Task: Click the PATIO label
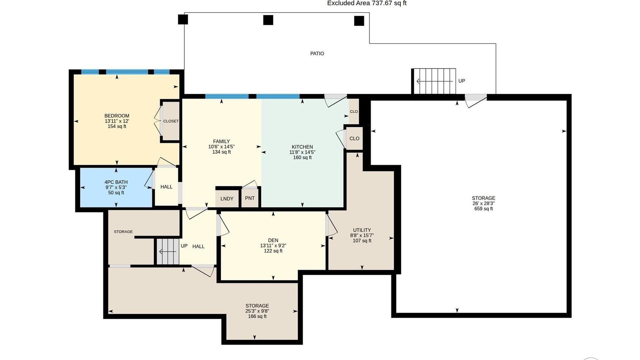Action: coord(317,53)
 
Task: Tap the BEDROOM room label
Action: coord(117,116)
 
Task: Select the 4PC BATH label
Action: coord(116,182)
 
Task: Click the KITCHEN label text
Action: coord(302,147)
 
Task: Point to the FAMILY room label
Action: coord(221,141)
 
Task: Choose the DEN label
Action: coord(273,240)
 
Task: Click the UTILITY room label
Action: coord(362,230)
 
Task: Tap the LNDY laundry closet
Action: coord(227,198)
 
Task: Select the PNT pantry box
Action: coord(250,198)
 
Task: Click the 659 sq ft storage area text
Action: coord(484,209)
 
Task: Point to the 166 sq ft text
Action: coord(257,317)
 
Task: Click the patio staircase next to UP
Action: coord(434,81)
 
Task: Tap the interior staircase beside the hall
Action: coord(168,252)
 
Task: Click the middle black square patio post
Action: coord(268,20)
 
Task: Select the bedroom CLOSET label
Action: coord(171,121)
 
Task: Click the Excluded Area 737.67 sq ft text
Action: coord(367,3)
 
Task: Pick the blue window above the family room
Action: coord(227,97)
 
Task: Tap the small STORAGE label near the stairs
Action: coord(123,232)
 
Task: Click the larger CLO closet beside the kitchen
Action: coord(354,138)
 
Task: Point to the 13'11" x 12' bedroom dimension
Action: coord(117,121)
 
